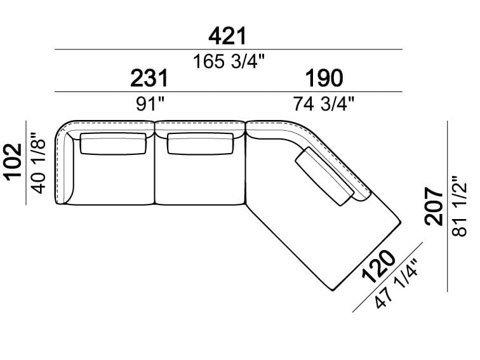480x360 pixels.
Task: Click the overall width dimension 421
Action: (x=227, y=36)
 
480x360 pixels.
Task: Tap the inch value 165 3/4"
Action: (x=229, y=61)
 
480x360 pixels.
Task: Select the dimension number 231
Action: (x=149, y=78)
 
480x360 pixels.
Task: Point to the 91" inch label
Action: (x=150, y=104)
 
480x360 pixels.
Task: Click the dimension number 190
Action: (x=324, y=78)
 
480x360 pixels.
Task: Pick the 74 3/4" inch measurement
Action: (x=324, y=103)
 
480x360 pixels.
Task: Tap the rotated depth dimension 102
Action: (x=13, y=163)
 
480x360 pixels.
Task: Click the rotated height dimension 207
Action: (x=434, y=206)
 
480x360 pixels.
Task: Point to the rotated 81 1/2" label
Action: (x=459, y=206)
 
